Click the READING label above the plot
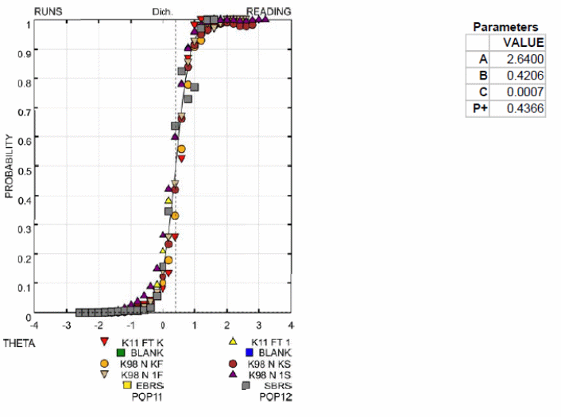[269, 12]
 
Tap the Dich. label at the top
[163, 13]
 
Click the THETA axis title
[18, 343]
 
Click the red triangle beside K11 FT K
[104, 342]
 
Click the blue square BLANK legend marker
[249, 353]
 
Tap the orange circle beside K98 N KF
[104, 364]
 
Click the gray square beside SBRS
[248, 385]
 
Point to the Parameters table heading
[505, 27]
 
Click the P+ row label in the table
[478, 108]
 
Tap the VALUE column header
[524, 43]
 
